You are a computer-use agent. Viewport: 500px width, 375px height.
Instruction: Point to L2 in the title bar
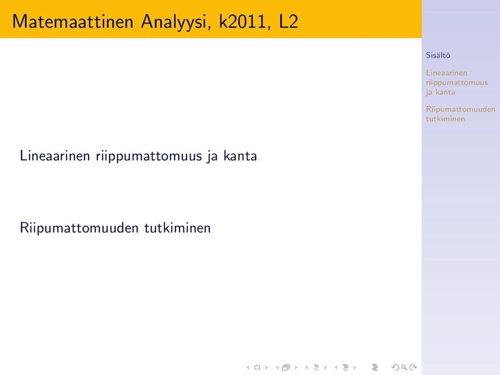click(x=289, y=21)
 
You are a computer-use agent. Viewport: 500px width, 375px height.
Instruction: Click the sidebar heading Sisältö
click(x=438, y=55)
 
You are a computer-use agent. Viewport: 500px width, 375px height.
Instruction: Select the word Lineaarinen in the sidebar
click(x=446, y=73)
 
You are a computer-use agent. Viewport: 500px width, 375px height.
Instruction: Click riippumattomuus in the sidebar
click(x=457, y=83)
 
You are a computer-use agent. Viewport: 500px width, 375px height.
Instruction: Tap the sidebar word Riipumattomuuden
click(x=460, y=109)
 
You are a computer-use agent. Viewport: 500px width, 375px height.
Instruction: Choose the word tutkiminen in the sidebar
click(x=445, y=119)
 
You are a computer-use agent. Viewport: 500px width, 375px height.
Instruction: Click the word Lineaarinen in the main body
click(x=55, y=156)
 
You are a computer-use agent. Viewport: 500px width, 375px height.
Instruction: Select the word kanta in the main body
click(x=240, y=156)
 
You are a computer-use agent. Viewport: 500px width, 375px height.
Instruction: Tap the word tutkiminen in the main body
click(x=177, y=228)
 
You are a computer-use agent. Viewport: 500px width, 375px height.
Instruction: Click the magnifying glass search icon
click(x=404, y=367)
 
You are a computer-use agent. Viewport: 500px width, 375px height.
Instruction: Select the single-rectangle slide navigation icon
click(x=257, y=367)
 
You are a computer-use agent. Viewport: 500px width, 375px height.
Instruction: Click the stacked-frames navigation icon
click(x=286, y=367)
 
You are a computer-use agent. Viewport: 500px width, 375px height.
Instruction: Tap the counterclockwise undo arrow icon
click(x=395, y=367)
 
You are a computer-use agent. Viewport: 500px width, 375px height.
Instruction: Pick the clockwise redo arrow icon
click(x=413, y=367)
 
